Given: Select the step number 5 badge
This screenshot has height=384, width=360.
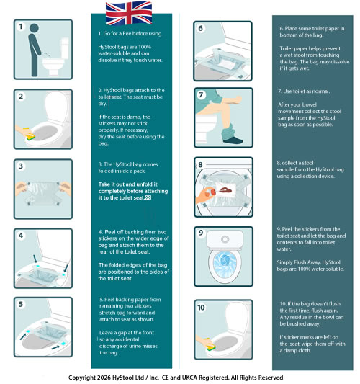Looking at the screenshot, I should pyautogui.click(x=21, y=305).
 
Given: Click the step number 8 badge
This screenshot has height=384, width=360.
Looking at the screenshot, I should pyautogui.click(x=202, y=166).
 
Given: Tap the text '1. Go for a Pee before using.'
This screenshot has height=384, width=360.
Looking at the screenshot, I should pyautogui.click(x=135, y=34).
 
